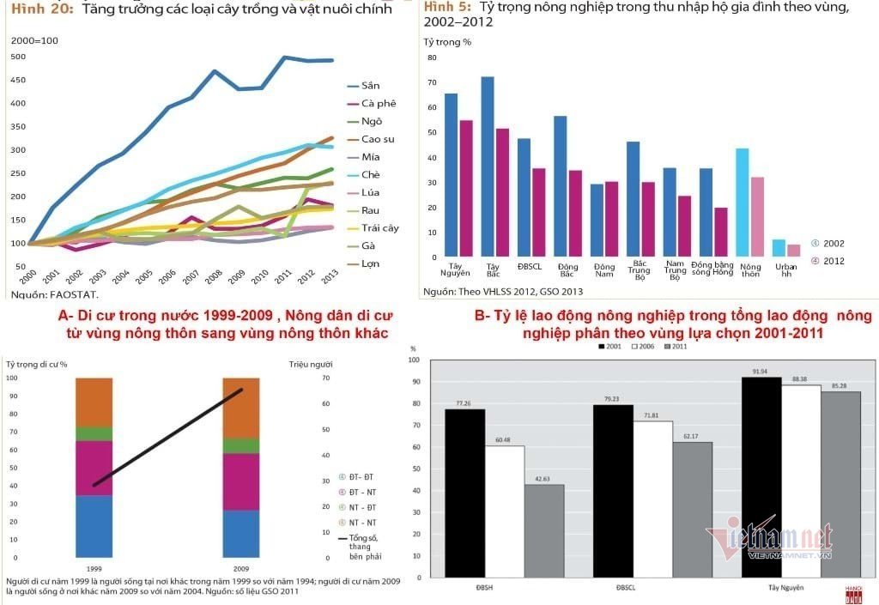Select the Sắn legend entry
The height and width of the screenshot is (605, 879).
coord(370,85)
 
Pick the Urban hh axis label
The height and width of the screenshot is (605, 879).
coord(785,271)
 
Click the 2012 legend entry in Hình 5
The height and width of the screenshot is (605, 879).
coord(833,261)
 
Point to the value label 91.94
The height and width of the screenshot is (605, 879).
coord(761,371)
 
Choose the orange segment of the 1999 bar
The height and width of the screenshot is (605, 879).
coord(94,402)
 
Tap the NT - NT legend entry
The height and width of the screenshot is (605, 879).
coord(361,523)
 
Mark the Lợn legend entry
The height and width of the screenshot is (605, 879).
coord(370,263)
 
